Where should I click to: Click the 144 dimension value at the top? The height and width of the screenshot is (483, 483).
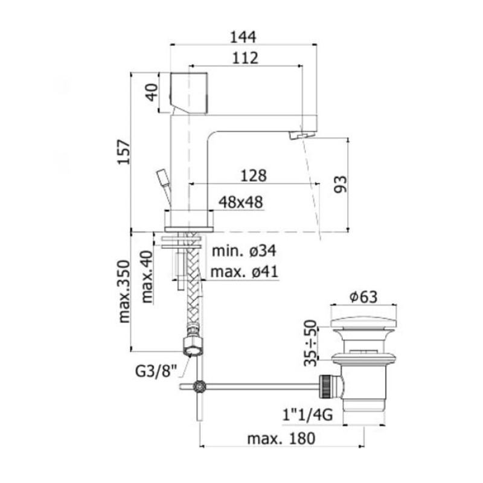pyautogui.click(x=243, y=37)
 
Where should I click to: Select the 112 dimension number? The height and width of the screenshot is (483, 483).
pyautogui.click(x=245, y=58)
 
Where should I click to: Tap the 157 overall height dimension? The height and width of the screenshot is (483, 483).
pyautogui.click(x=124, y=152)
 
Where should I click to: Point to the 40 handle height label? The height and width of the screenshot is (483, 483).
pyautogui.click(x=152, y=92)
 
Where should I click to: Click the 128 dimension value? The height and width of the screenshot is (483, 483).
pyautogui.click(x=254, y=176)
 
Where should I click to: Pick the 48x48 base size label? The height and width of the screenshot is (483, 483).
pyautogui.click(x=240, y=202)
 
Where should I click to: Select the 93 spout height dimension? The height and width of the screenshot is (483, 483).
pyautogui.click(x=341, y=184)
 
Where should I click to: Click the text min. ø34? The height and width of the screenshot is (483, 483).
pyautogui.click(x=244, y=251)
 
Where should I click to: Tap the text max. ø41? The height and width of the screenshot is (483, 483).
pyautogui.click(x=245, y=272)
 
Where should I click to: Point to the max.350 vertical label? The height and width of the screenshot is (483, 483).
pyautogui.click(x=124, y=292)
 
